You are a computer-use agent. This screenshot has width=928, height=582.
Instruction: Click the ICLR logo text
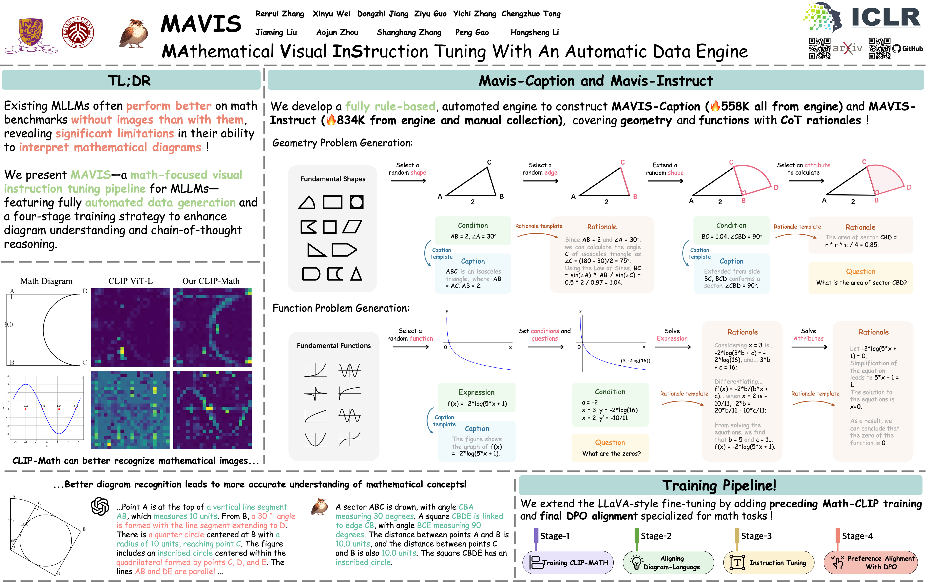coord(885,17)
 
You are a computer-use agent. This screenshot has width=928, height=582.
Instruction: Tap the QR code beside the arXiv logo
coord(819,48)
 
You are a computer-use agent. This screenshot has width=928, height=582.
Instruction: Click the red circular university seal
coord(78,32)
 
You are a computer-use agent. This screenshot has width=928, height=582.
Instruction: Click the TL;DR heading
coord(129,80)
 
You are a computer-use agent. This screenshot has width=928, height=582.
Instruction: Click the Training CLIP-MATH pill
coord(568,562)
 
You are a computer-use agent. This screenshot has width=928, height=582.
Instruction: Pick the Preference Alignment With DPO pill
coord(871,562)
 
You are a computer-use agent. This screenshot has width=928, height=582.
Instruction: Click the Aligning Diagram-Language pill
coord(668,562)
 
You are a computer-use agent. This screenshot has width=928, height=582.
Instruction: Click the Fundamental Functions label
coord(334,346)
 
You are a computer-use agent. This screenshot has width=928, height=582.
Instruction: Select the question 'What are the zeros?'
coord(611,453)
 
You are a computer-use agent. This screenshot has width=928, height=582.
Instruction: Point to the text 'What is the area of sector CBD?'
coord(861,283)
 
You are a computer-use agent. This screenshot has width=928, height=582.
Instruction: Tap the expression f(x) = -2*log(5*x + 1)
coord(477,403)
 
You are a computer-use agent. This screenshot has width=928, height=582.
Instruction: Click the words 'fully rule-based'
coord(390,106)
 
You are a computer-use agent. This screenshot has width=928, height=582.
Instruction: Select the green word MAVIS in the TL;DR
coord(91,175)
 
